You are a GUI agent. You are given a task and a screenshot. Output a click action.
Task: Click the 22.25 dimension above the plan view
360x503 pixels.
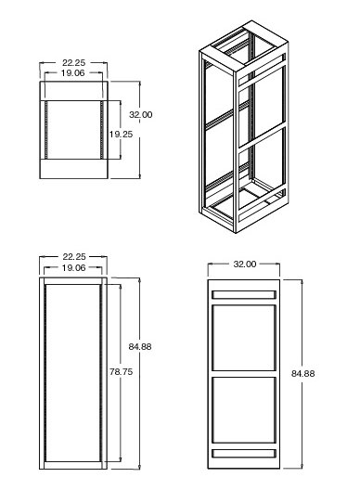(x=74, y=62)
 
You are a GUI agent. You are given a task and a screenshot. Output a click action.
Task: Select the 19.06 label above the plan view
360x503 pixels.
(x=72, y=73)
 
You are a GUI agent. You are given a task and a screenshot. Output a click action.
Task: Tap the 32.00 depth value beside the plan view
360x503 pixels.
(x=140, y=114)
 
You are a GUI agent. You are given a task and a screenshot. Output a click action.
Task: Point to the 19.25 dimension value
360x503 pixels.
(x=121, y=134)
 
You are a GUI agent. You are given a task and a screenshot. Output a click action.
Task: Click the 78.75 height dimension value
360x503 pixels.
(x=121, y=371)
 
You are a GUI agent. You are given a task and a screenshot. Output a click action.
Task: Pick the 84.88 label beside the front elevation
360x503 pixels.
(x=140, y=346)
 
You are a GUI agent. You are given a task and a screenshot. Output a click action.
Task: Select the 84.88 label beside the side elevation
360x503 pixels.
(x=302, y=373)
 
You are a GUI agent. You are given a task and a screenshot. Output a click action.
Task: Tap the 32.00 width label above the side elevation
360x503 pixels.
(x=245, y=264)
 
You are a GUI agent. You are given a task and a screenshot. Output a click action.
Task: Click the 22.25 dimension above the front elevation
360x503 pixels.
(x=74, y=257)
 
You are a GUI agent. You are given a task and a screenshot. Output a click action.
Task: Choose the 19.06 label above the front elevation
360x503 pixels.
(x=73, y=267)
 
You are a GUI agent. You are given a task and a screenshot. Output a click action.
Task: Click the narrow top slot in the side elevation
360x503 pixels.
(x=244, y=295)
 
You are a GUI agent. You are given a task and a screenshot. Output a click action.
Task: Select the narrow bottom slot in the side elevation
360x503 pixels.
(x=244, y=453)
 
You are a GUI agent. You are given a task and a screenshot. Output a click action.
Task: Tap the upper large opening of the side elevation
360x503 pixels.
(x=244, y=338)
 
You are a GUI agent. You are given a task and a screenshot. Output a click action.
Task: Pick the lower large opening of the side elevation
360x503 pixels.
(x=244, y=410)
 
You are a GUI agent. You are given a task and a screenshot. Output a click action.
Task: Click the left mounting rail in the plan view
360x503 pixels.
(x=46, y=130)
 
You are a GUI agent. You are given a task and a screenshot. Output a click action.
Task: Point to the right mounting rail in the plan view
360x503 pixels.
(x=102, y=130)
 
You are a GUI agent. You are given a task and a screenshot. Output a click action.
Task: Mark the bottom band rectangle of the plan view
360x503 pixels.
(x=73, y=169)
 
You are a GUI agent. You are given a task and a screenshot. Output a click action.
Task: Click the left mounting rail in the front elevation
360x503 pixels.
(x=45, y=373)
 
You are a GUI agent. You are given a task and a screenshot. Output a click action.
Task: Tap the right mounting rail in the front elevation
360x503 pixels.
(x=101, y=373)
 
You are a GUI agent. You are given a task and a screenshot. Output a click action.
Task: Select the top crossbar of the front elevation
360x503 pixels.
(x=73, y=281)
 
